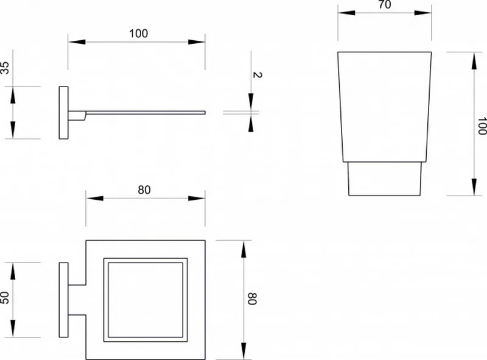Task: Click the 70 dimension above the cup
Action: pos(385,4)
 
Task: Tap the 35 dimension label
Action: pos(5,68)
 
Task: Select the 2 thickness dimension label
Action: pos(258,74)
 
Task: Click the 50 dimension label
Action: pos(5,297)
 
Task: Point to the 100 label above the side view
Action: pos(139,34)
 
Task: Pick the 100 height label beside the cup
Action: pos(482,126)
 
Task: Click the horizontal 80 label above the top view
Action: pos(144,189)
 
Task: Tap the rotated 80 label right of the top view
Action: pos(252,298)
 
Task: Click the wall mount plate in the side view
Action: pos(64,113)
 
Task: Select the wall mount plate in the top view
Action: pos(64,300)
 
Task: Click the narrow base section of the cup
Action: pos(385,178)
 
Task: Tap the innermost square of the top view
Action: pos(145,300)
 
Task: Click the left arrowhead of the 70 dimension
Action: pos(346,13)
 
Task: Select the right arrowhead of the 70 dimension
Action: pos(423,13)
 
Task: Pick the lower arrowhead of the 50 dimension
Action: pos(13,328)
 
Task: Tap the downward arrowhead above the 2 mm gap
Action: pos(251,102)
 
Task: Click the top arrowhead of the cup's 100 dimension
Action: pos(474,61)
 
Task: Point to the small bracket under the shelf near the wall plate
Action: pos(77,117)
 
